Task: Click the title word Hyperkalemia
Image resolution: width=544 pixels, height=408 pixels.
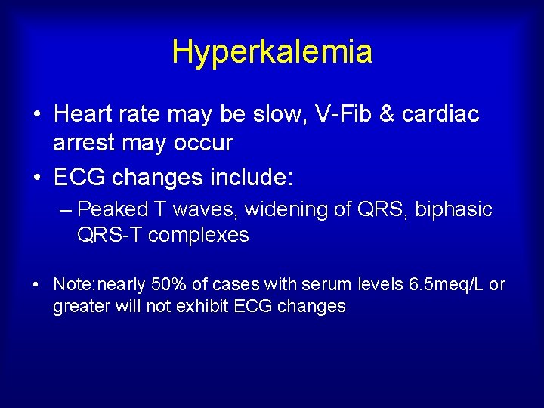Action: [x=272, y=52]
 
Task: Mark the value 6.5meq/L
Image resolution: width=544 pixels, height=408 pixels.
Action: [x=444, y=285]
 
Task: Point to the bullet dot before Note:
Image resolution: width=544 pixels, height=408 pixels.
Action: [x=36, y=286]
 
